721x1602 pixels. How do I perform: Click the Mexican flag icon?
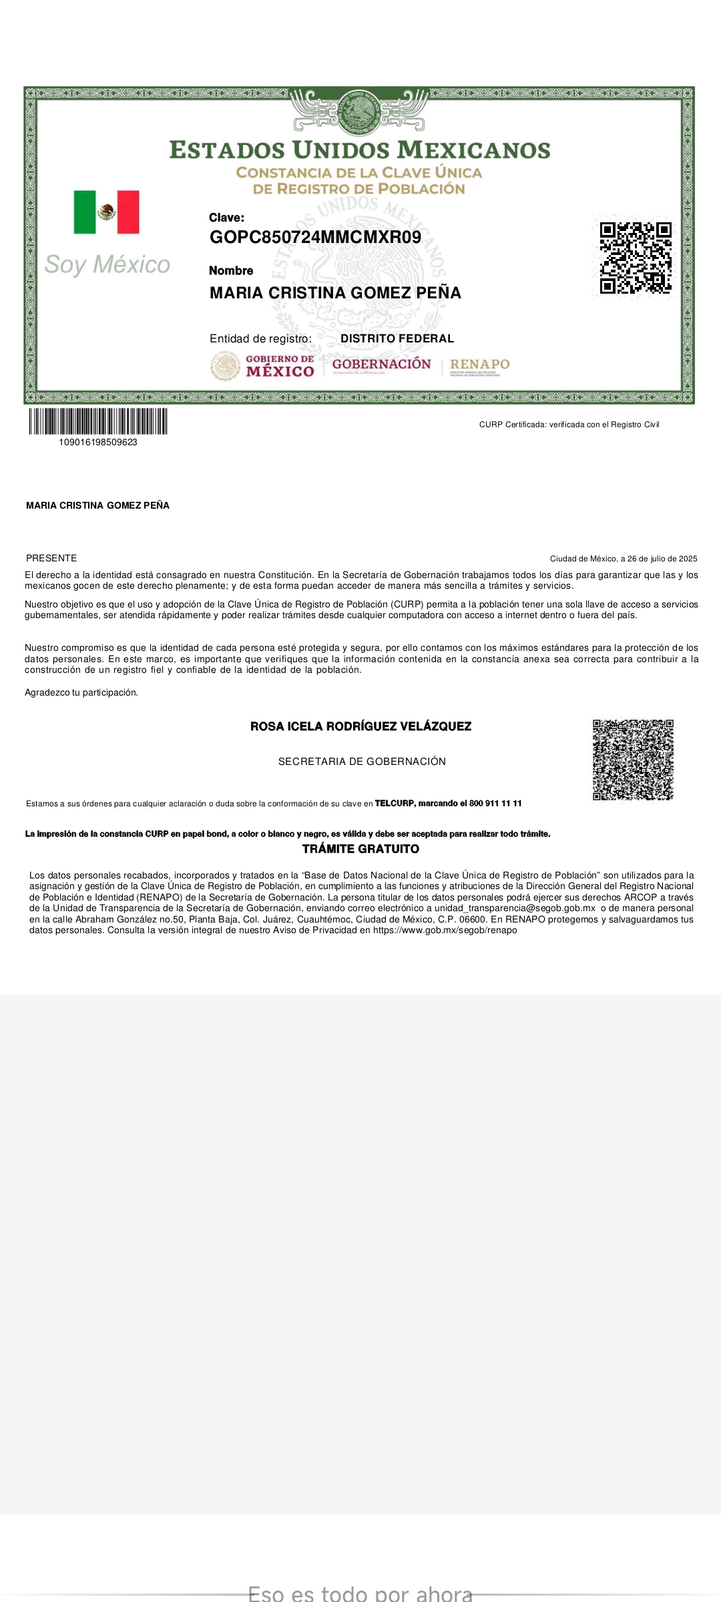107,212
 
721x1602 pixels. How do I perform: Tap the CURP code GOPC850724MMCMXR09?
315,238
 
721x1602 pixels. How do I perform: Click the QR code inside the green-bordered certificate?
636,258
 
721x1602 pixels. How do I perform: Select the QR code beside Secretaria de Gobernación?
633,760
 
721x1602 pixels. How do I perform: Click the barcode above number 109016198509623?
98,421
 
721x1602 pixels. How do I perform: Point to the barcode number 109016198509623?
98,443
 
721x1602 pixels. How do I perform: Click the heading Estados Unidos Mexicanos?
360,150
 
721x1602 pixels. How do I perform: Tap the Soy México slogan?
107,265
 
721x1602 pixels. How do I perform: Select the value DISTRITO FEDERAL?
397,339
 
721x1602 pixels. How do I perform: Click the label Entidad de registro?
260,339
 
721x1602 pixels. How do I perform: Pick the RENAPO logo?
479,364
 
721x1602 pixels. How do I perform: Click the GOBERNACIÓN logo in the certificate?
382,364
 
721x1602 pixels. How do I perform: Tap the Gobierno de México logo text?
280,366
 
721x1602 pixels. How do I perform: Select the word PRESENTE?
51,558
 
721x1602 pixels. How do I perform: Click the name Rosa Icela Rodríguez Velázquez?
360,726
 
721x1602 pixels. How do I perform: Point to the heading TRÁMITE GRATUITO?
360,849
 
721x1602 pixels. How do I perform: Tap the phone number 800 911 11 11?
495,804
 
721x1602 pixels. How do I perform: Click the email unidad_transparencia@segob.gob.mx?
515,908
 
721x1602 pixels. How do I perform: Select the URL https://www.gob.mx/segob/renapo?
445,930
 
